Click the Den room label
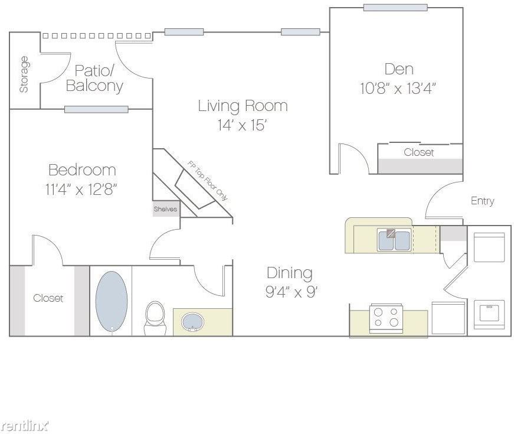coord(399,69)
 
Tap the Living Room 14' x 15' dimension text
coord(241,125)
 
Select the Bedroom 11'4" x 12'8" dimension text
coord(81,189)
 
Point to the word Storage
coord(24,74)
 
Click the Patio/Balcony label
coord(94,78)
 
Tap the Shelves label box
coord(166,209)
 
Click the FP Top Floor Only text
coord(208,181)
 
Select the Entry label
coord(483,201)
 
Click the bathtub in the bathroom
coord(112,302)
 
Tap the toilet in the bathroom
coord(155,318)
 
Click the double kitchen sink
coord(394,240)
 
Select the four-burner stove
coord(386,318)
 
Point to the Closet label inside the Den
coord(418,152)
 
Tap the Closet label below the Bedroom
coord(48,298)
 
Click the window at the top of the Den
coord(395,7)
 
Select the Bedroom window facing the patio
coord(96,109)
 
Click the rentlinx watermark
coord(25,426)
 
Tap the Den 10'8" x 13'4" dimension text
coord(398,88)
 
